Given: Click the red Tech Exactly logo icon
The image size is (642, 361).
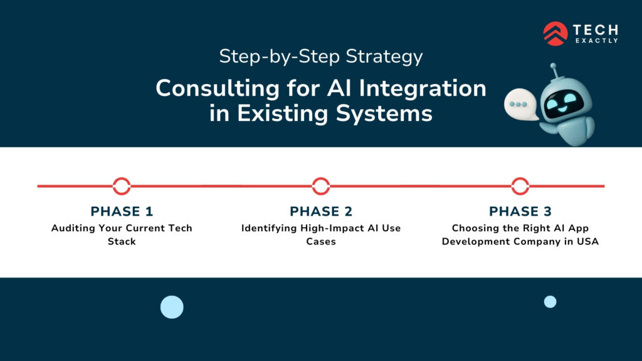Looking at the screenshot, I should pyautogui.click(x=555, y=33).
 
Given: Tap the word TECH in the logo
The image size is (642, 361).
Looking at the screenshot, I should pyautogui.click(x=595, y=29).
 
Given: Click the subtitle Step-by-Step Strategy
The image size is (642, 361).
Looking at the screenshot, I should pyautogui.click(x=320, y=57).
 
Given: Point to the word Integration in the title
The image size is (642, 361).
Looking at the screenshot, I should pyautogui.click(x=427, y=88).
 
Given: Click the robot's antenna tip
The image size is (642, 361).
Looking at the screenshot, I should pyautogui.click(x=554, y=66).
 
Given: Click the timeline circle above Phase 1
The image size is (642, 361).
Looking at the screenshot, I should pyautogui.click(x=122, y=186).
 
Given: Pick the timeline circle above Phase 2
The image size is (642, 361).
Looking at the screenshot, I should pyautogui.click(x=321, y=186).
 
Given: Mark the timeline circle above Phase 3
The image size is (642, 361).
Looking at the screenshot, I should pyautogui.click(x=520, y=186).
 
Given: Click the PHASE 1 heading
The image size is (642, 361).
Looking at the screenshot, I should pyautogui.click(x=122, y=211).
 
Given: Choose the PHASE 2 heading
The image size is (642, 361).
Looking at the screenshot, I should pyautogui.click(x=321, y=211).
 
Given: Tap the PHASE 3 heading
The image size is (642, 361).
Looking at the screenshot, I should pyautogui.click(x=520, y=211).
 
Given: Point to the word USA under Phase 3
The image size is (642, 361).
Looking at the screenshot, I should pyautogui.click(x=587, y=242).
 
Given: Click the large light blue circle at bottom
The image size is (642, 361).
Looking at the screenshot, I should pyautogui.click(x=172, y=307).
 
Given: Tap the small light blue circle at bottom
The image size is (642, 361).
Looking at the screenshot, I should pyautogui.click(x=550, y=301).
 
